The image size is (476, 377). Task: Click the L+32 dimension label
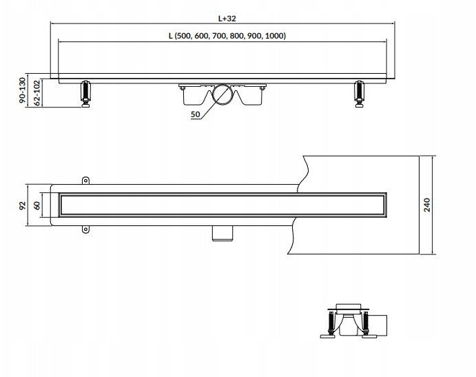click(227, 19)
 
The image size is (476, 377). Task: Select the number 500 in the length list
click(183, 36)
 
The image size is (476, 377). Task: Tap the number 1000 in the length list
click(274, 36)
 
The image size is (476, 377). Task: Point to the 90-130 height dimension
click(22, 90)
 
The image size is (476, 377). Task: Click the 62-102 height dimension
click(37, 92)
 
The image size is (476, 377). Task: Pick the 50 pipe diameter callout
click(196, 114)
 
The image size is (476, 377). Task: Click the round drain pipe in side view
click(223, 94)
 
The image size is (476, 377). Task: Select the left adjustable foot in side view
click(85, 94)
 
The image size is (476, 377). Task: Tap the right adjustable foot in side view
click(360, 94)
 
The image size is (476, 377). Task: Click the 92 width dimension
click(22, 205)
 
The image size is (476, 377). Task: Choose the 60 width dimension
click(37, 205)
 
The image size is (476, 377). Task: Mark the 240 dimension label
click(427, 205)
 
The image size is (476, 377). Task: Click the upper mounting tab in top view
click(86, 181)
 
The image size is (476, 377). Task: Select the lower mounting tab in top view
click(86, 230)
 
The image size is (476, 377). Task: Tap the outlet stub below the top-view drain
click(223, 234)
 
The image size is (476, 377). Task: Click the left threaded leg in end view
click(330, 323)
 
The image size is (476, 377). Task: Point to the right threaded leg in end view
click(366, 323)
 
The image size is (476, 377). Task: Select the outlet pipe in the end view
click(379, 325)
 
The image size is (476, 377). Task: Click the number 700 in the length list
click(219, 36)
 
